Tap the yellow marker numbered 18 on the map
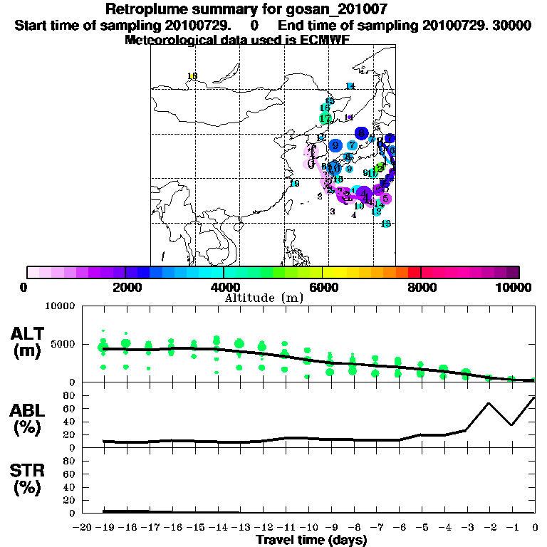pos(192,76)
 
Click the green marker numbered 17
pos(325,118)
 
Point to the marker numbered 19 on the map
pos(294,184)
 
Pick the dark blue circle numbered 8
pos(362,132)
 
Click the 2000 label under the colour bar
pos(125,287)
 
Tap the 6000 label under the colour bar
pos(323,287)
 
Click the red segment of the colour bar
pos(414,272)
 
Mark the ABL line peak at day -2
pos(489,403)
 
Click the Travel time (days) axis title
pos(311,540)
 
